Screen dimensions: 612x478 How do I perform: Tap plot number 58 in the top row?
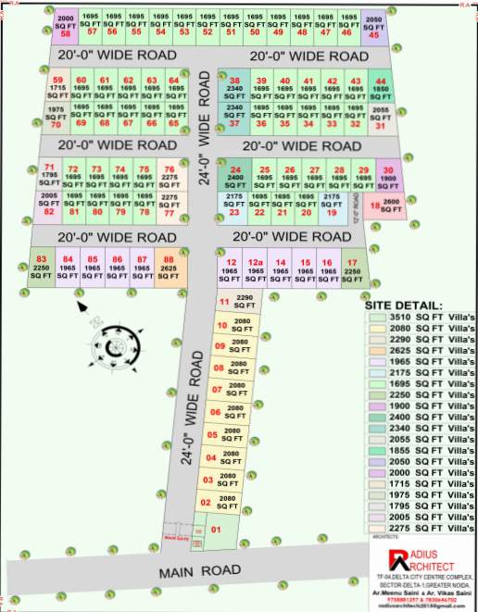point(65,25)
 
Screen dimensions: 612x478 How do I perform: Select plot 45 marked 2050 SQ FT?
point(372,25)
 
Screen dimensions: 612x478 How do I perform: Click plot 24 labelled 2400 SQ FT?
point(236,176)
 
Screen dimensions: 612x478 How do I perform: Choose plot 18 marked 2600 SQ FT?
point(384,205)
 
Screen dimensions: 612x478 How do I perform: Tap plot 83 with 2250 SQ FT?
point(41,264)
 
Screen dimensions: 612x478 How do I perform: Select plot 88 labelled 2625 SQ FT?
point(168,264)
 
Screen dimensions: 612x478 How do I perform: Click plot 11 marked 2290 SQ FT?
point(236,301)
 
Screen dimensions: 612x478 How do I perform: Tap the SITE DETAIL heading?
point(404,305)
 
